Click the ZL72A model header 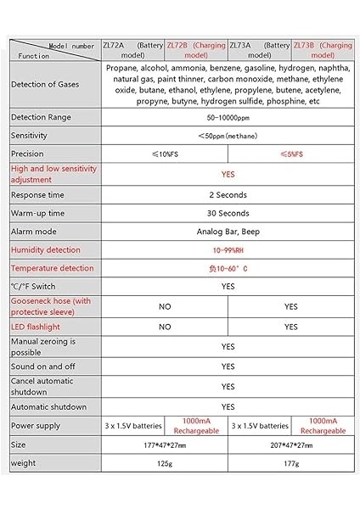(x=132, y=50)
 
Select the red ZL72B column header (x=196, y=50)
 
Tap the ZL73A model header (x=260, y=50)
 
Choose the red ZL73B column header (x=323, y=50)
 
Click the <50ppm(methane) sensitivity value (x=228, y=136)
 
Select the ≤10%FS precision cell (x=165, y=154)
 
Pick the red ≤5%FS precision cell (x=291, y=154)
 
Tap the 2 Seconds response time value (x=228, y=194)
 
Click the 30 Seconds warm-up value (x=228, y=213)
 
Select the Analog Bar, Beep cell (x=228, y=232)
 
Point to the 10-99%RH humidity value (x=228, y=250)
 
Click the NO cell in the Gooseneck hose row (x=165, y=306)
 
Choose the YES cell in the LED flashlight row (x=291, y=327)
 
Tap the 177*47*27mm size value (x=165, y=444)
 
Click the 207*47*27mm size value (x=291, y=444)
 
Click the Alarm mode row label (x=34, y=232)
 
